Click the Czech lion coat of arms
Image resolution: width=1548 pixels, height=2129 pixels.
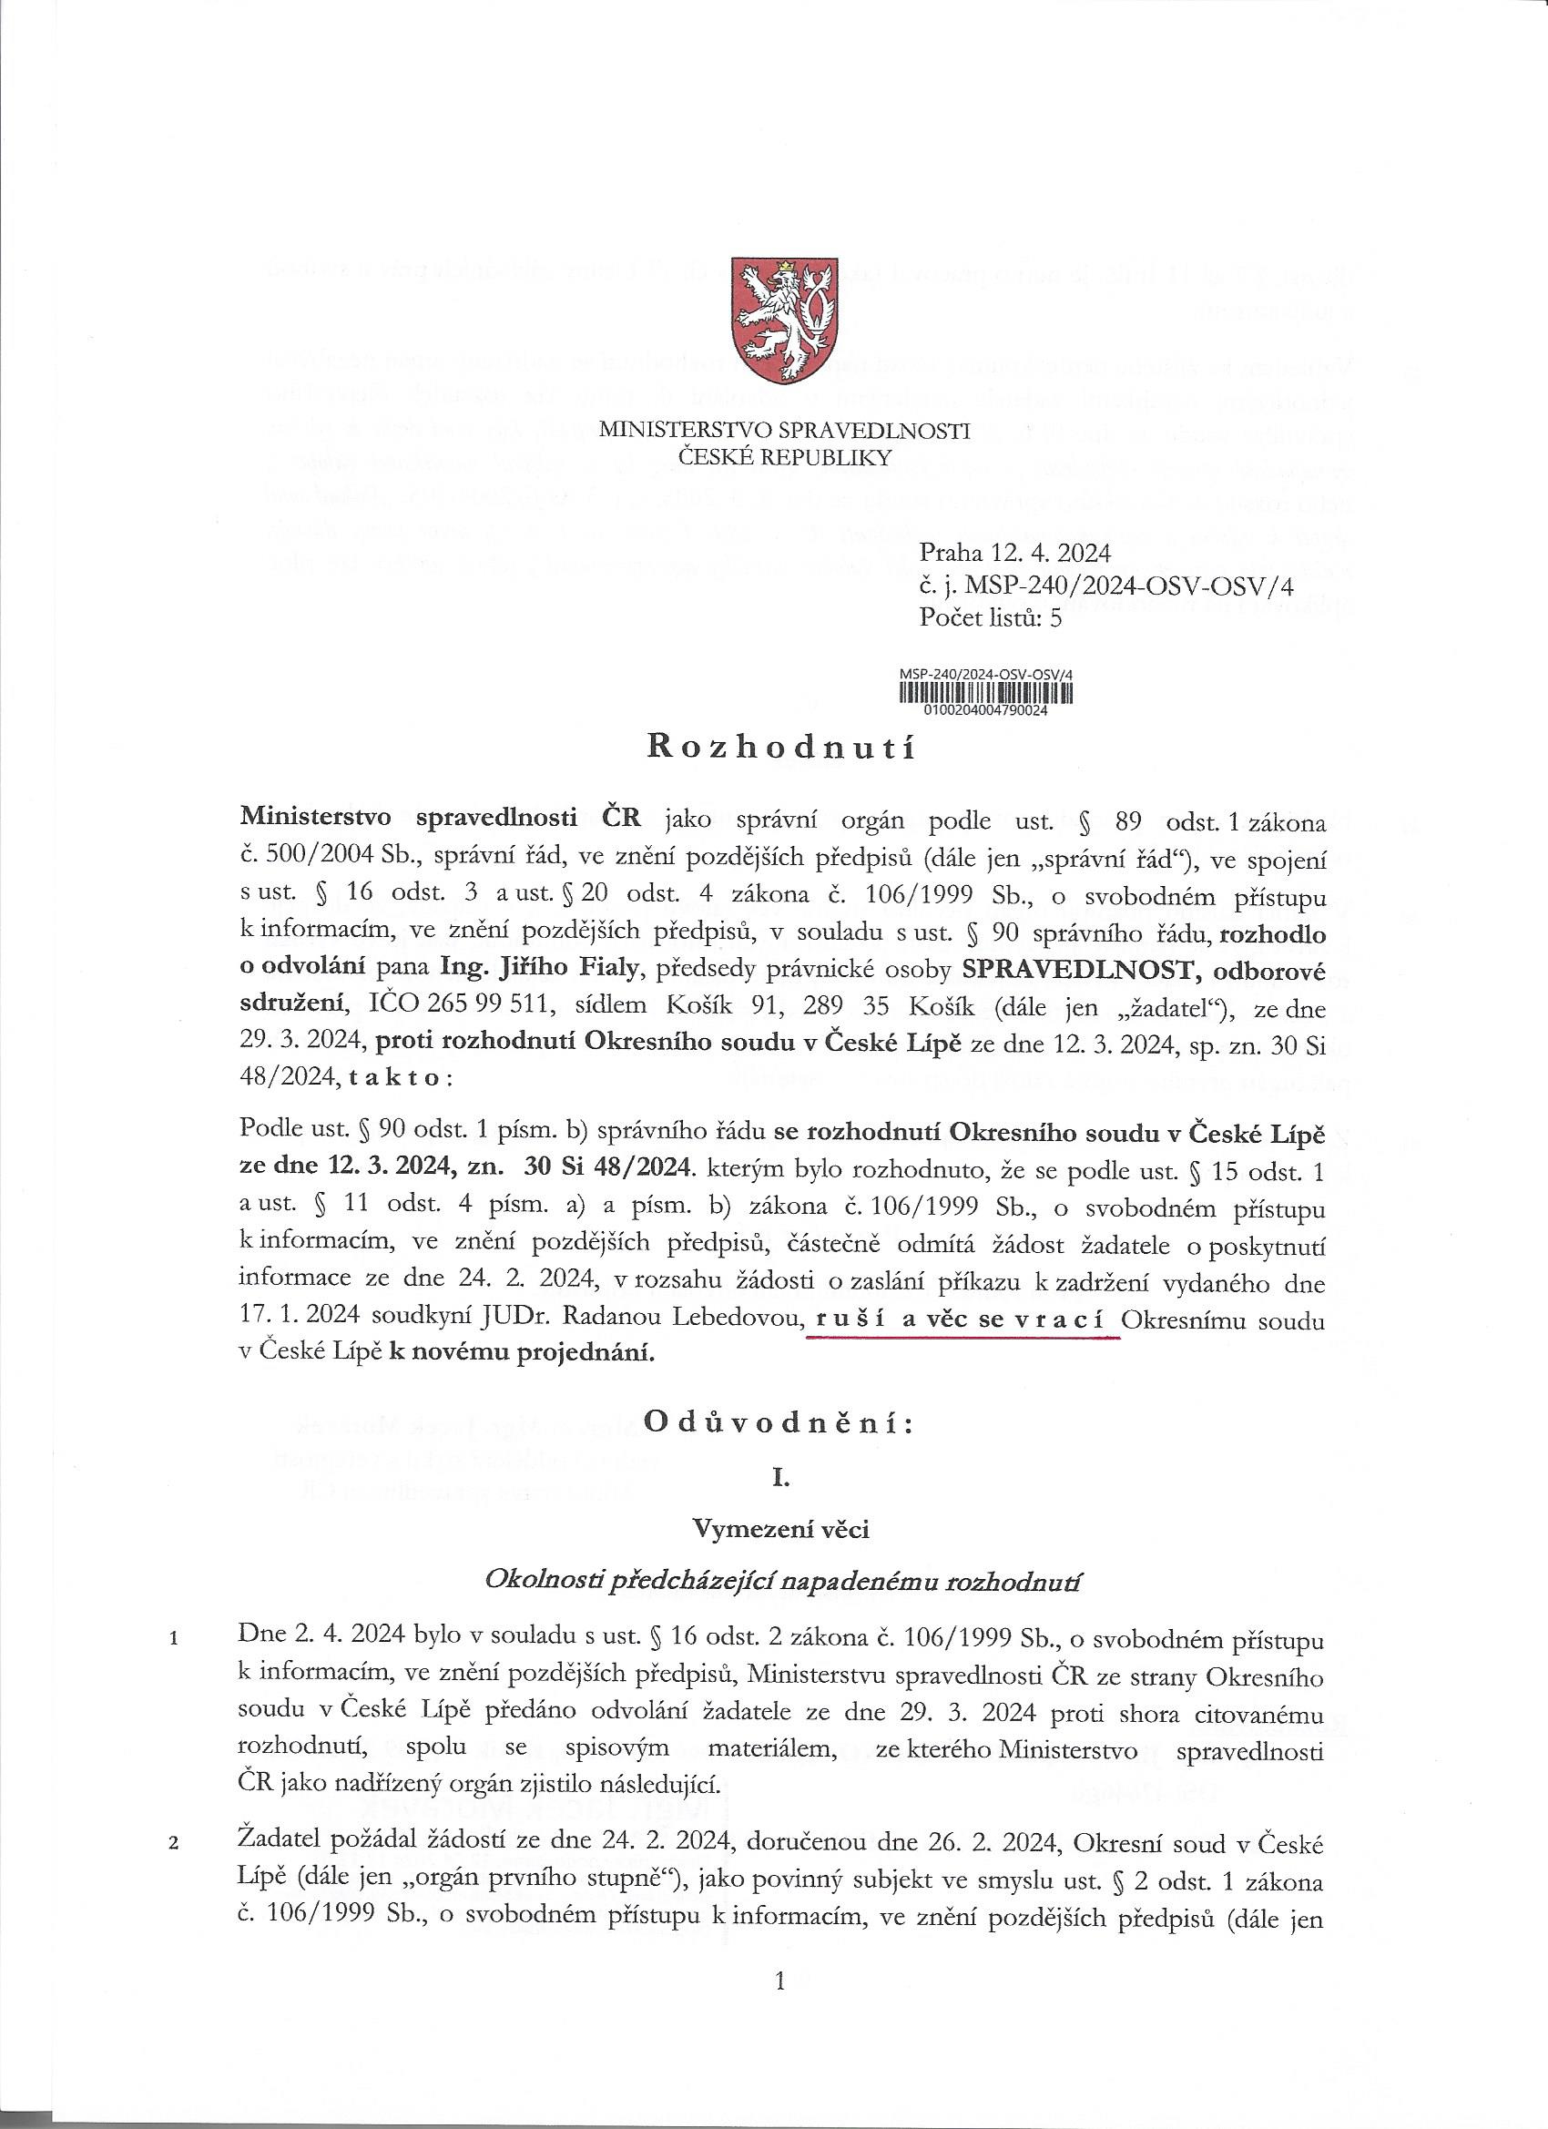784,322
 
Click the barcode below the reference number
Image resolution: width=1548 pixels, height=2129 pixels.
985,693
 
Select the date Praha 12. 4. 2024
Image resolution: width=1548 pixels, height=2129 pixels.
1014,552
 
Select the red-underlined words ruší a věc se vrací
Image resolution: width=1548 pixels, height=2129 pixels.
962,1320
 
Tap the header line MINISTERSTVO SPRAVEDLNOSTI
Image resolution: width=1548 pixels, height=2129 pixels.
784,431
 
